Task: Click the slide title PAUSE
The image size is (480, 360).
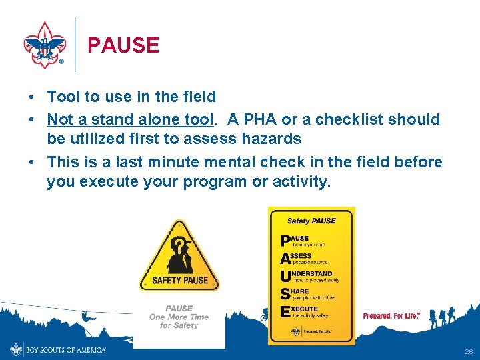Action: coord(123,45)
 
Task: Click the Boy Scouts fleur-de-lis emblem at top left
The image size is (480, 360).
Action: coord(45,45)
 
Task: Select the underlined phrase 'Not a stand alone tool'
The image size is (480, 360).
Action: coord(130,120)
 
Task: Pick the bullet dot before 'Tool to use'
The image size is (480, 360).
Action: coord(31,97)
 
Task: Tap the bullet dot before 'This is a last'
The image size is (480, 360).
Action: coord(31,163)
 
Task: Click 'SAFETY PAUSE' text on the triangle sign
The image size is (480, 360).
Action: coord(180,280)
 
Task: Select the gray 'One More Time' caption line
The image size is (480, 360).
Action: coord(179,317)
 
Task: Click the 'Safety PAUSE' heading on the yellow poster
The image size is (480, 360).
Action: coord(311,221)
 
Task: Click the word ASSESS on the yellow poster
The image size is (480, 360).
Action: coord(301,256)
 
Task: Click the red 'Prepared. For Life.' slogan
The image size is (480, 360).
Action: coord(391,315)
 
